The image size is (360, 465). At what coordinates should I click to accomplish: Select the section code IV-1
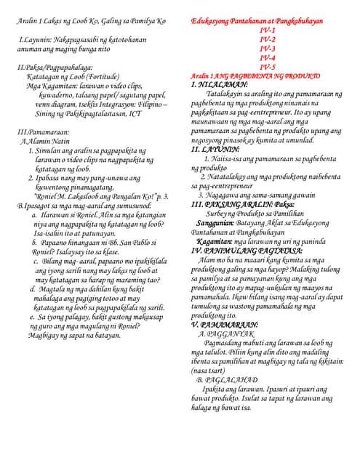tap(267, 31)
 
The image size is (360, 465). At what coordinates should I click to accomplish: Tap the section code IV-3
tap(267, 49)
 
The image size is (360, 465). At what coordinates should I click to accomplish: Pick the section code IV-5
tap(267, 67)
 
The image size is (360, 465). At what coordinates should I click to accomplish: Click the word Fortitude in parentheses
tap(109, 76)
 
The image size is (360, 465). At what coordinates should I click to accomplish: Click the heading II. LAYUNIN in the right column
tap(215, 148)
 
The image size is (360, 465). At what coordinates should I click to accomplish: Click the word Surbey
tap(220, 214)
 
